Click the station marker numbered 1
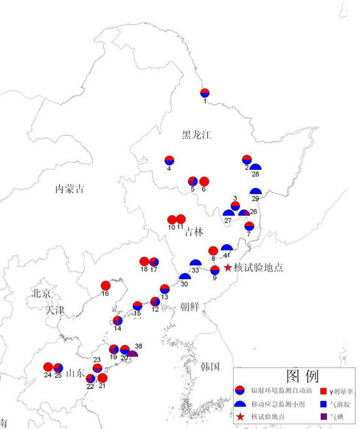coord(205,93)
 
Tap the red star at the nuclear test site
coord(228,267)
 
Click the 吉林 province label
coord(194,232)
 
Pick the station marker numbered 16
coord(105,285)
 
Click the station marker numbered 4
coord(169,160)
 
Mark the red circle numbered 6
coord(204,181)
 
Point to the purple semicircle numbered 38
coord(132,354)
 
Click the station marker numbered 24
coord(48,367)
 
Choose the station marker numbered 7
coord(249,226)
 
